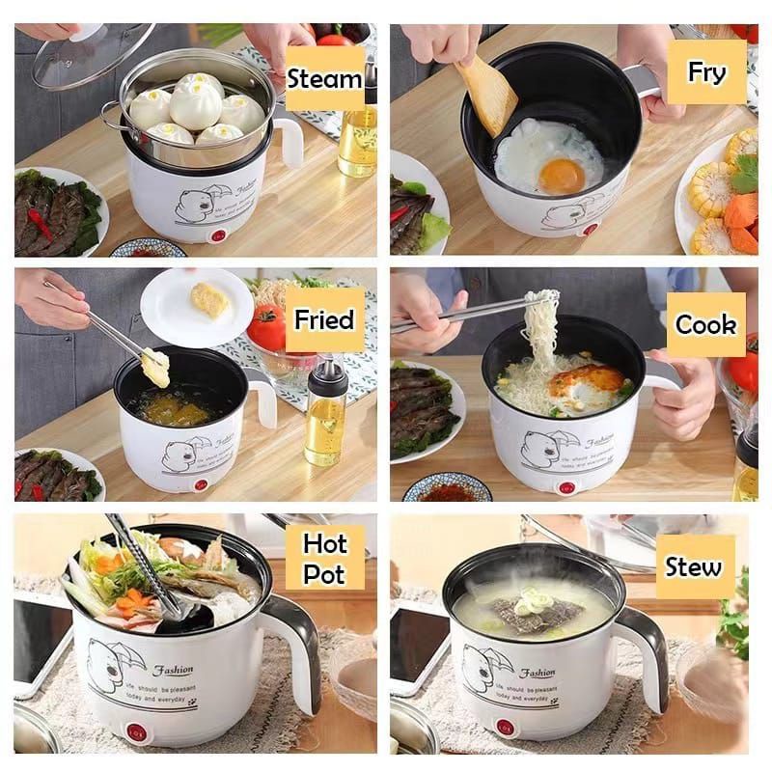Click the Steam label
[324, 78]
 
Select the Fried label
[324, 319]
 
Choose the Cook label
[705, 325]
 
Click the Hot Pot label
[324, 558]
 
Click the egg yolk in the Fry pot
[562, 175]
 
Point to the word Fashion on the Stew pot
[538, 672]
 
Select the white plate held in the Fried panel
[197, 307]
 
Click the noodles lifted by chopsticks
[540, 328]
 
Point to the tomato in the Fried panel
[265, 327]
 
